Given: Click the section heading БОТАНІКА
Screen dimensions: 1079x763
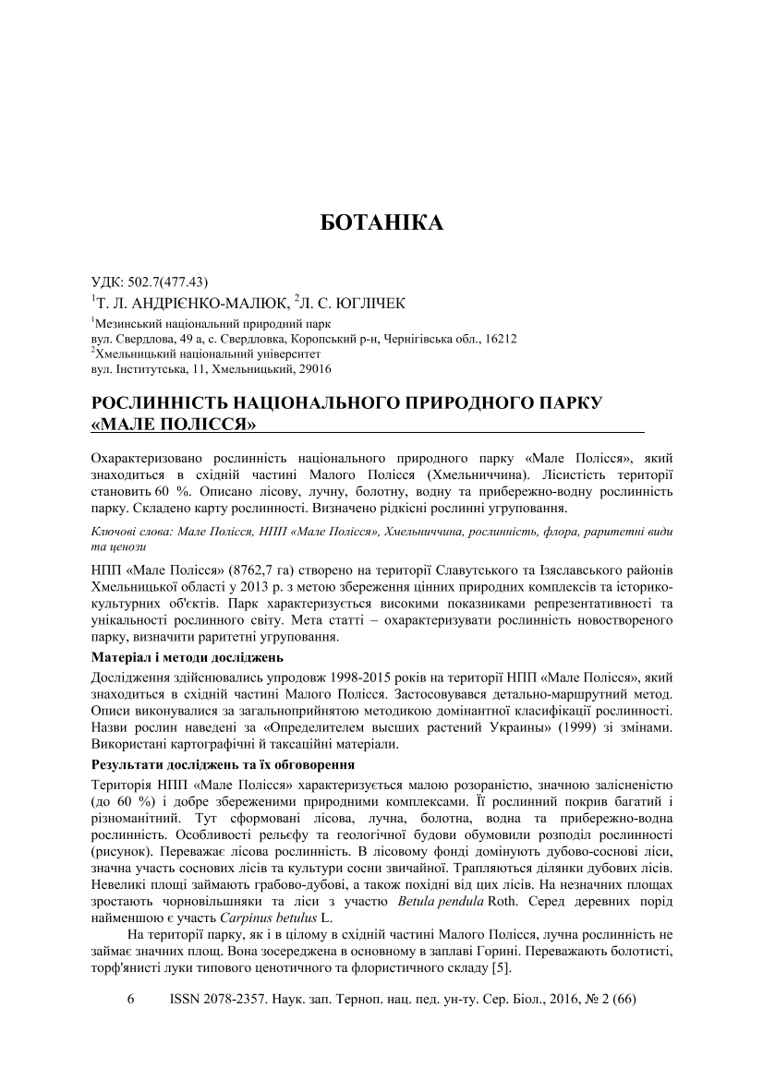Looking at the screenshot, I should pos(381,223).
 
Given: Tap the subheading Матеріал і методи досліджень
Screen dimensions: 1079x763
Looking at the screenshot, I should pos(188,657).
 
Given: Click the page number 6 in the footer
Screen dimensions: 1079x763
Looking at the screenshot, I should pos(130,1000).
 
